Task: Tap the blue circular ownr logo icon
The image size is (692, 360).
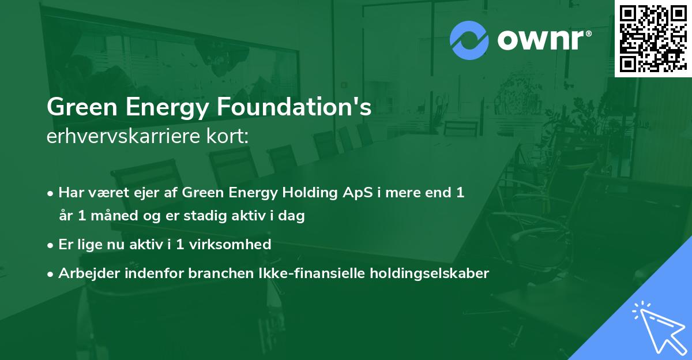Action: (x=469, y=40)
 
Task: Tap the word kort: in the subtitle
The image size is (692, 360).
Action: (x=231, y=137)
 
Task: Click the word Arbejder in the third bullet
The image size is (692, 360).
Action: (x=84, y=273)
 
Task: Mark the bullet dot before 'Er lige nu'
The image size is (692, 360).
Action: (x=51, y=245)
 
